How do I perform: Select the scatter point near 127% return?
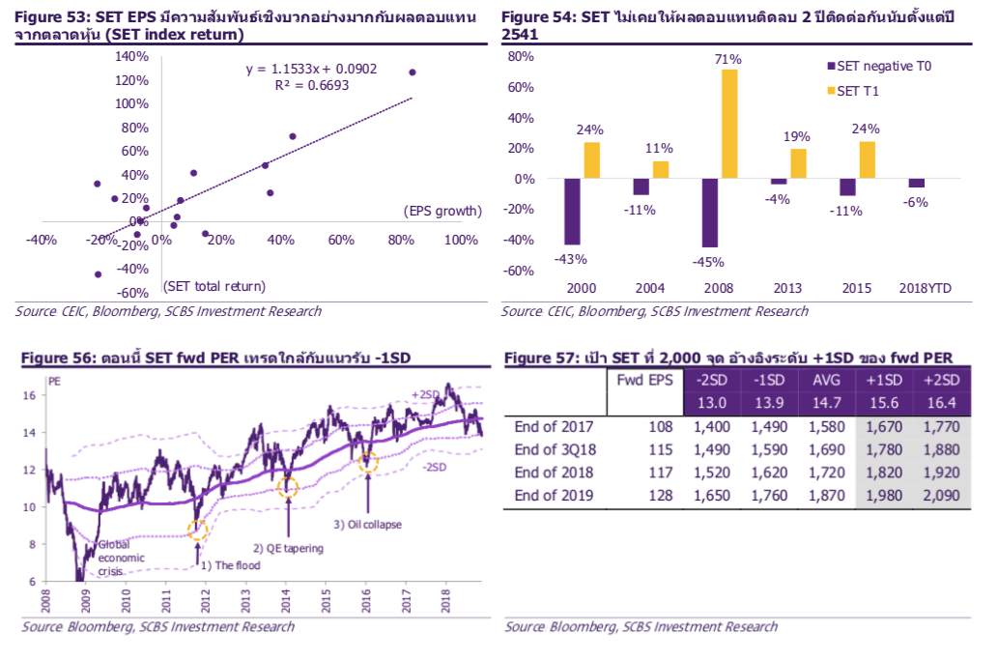coord(413,72)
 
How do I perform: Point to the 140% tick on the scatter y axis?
coord(131,56)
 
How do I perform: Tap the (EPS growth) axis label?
coord(441,211)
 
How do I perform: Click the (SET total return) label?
coord(214,286)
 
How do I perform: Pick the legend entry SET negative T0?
coord(882,67)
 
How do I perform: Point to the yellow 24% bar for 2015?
coord(868,160)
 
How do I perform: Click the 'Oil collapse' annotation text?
coord(368,525)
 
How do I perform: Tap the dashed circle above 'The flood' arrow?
coord(198,529)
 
